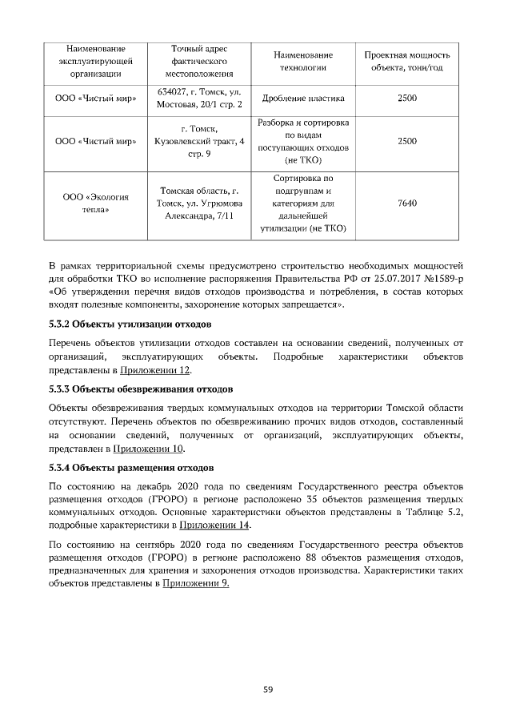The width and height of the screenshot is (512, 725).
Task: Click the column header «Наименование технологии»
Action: click(x=302, y=61)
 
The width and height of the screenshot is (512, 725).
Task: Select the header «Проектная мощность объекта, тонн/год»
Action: click(x=406, y=61)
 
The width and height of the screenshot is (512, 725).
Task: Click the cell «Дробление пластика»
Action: click(x=302, y=99)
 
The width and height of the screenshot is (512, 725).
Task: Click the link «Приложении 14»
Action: click(x=214, y=526)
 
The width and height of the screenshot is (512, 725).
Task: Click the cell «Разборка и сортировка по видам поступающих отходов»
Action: click(x=302, y=141)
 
